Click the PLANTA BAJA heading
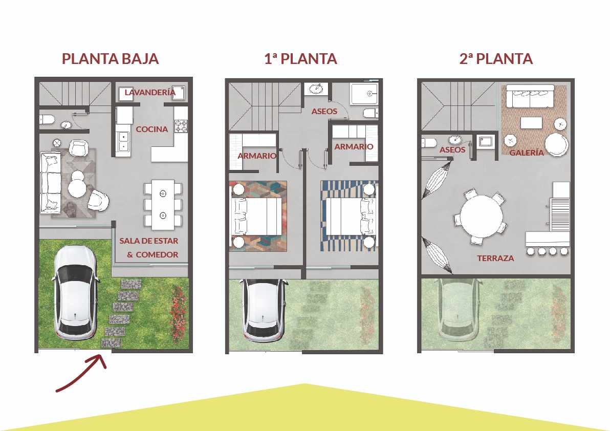pos(110,59)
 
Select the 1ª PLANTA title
pos(300,59)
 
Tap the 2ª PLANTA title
pos(495,59)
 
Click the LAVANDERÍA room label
pos(150,93)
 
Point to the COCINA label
pos(151,130)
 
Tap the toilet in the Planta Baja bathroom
pos(47,120)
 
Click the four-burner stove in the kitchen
pos(181,126)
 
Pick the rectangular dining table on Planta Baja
pos(163,204)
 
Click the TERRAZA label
pos(495,258)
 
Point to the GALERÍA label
pos(527,153)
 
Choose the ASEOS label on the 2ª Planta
pos(452,150)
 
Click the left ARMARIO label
pos(256,156)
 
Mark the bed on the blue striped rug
pos(348,216)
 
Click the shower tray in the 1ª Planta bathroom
pos(364,95)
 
